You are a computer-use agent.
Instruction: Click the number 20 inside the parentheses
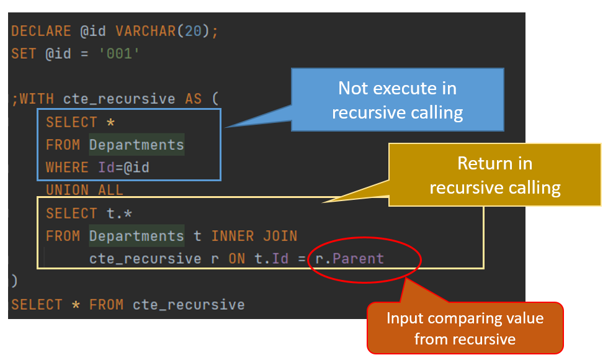(193, 32)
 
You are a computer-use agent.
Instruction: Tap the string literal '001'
(119, 54)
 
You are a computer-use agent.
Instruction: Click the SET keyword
(24, 54)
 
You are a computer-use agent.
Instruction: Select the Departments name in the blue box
(136, 145)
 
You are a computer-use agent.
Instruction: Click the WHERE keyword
(67, 168)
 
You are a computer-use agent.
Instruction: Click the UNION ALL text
(84, 190)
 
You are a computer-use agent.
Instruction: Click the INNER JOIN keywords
(254, 236)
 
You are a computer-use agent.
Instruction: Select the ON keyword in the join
(236, 259)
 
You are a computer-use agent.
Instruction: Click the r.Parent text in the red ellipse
(350, 259)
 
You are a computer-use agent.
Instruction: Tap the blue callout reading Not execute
(397, 100)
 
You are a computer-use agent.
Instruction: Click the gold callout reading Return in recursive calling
(494, 176)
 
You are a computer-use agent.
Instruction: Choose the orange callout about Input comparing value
(465, 328)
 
